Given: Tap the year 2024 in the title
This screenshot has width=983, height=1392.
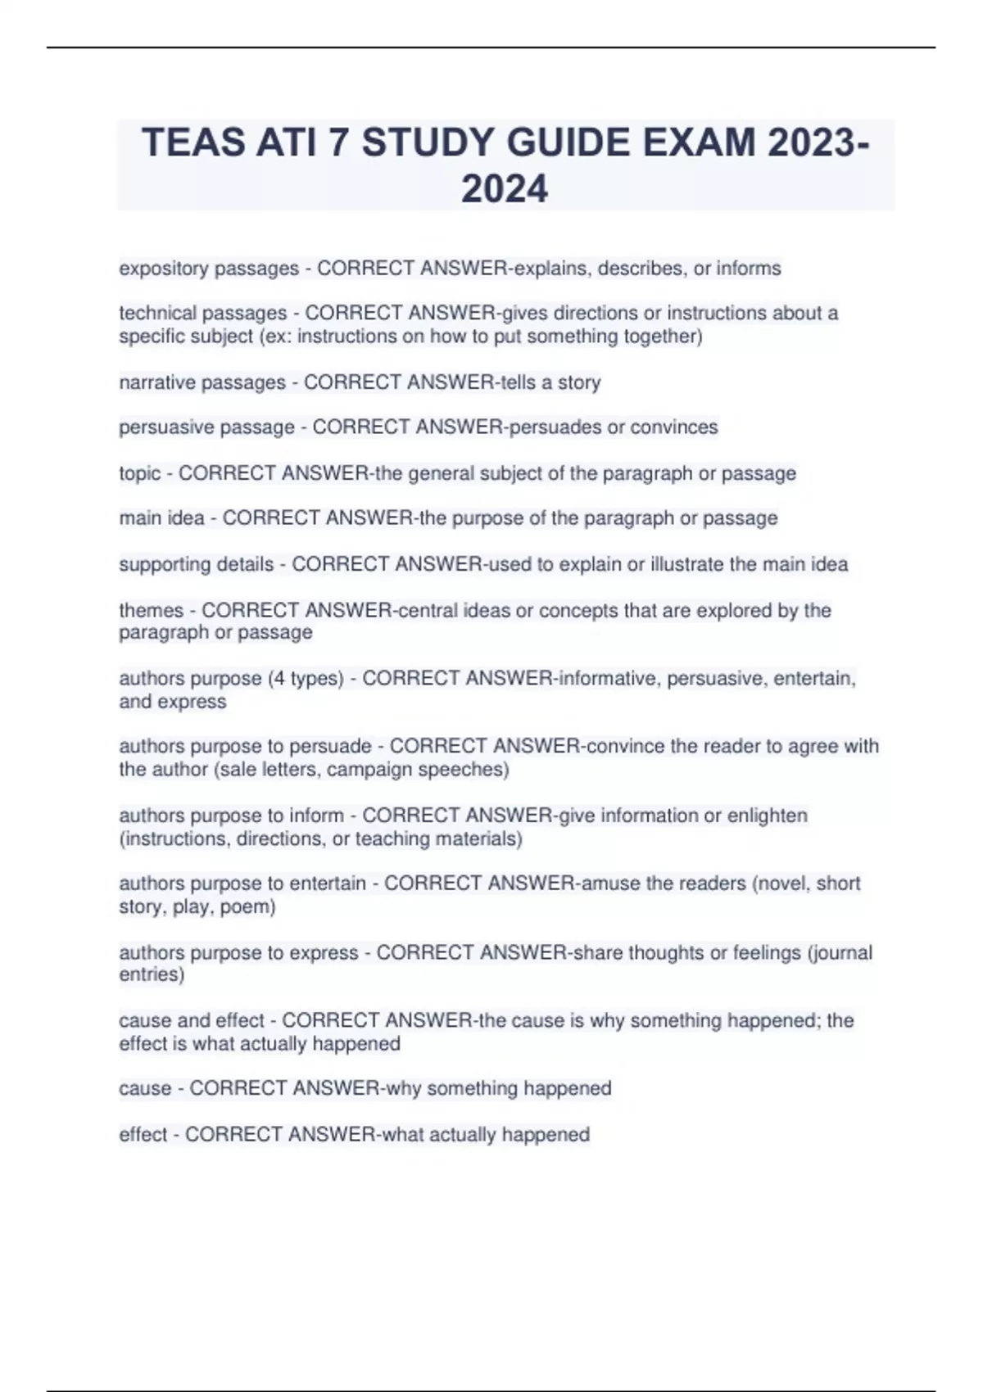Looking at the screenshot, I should (x=505, y=189).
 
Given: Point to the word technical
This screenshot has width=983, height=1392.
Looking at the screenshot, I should (x=157, y=313).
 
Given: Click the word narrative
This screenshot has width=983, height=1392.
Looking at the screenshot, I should (x=156, y=382).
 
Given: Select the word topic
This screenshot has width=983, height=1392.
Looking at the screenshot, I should (x=139, y=473).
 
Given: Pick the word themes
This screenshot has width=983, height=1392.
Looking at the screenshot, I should (x=152, y=610).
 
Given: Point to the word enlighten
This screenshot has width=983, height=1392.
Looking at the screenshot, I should (x=768, y=816).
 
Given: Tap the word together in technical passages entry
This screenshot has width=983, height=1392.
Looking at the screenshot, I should (x=660, y=337).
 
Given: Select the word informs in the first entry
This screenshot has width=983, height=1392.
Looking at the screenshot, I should (x=749, y=269).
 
